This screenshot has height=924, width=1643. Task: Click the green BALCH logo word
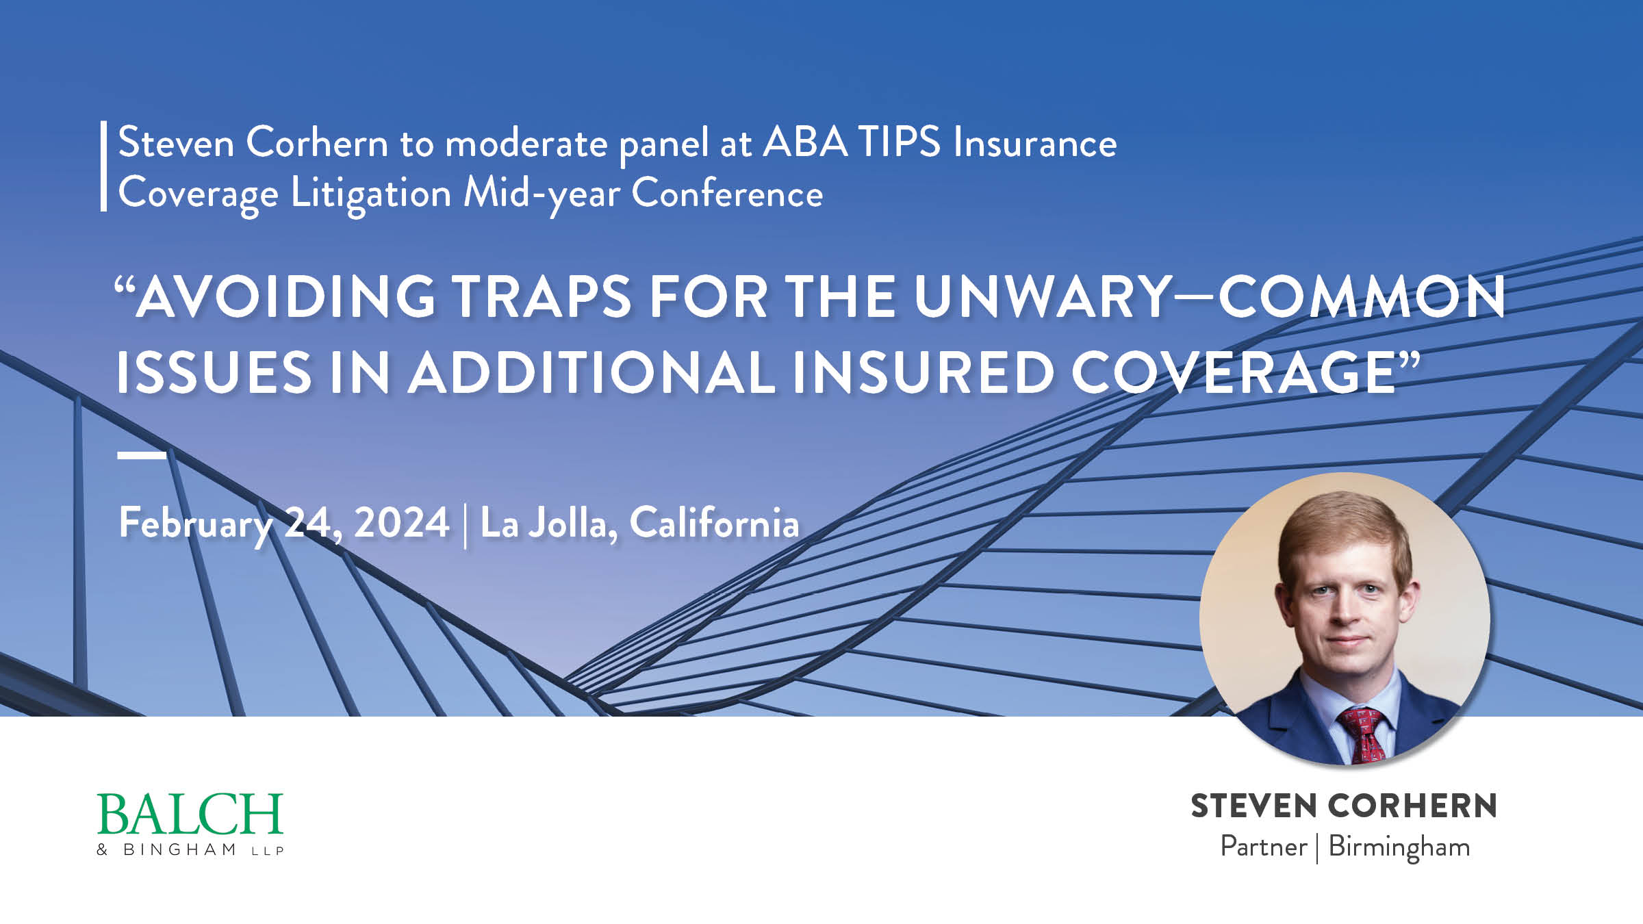coord(190,814)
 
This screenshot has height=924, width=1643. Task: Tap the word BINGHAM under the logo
coord(179,849)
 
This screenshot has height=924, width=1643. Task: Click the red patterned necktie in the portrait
coord(1363,736)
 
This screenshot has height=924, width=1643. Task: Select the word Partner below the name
coord(1264,847)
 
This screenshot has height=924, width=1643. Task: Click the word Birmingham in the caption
coord(1399,848)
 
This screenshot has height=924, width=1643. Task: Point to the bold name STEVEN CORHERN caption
coord(1344,806)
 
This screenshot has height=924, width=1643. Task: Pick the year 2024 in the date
coord(402,523)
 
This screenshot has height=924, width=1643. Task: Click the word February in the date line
coord(196,524)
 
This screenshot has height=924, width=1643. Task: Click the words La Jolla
coord(548,523)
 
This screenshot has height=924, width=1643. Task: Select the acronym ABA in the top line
coord(805,142)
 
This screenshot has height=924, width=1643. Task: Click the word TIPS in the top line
coord(900,142)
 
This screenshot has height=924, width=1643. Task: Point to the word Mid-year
coord(542,194)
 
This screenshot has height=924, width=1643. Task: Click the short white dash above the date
coord(142,454)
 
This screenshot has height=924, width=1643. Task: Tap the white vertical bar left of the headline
coord(104,166)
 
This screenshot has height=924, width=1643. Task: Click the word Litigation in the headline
coord(371,194)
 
